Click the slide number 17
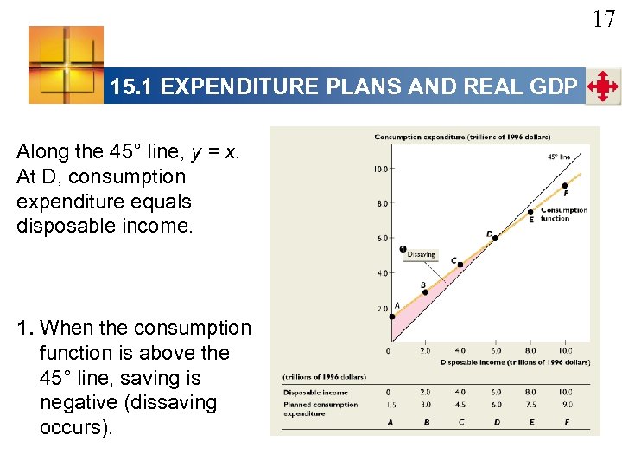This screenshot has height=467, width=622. point(603,18)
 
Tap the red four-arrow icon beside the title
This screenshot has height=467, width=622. point(602,86)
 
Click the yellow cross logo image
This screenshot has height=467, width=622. point(66,64)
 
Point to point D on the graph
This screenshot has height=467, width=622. point(494,237)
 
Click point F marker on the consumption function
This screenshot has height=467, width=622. point(565,185)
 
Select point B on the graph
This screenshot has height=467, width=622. point(425,291)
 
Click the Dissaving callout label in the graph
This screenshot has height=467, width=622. point(421,254)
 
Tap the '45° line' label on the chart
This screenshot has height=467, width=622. point(558,157)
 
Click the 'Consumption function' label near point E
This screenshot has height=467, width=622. point(563,214)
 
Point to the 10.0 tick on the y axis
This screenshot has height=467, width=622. point(379,170)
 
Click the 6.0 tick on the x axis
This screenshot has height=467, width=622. point(495,350)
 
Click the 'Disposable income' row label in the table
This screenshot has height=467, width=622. point(315,393)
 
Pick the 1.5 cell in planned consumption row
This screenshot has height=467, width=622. point(390,404)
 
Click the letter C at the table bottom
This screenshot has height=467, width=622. point(460,423)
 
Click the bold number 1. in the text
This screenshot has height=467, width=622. point(26,329)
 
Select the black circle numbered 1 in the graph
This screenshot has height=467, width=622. point(403,250)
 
